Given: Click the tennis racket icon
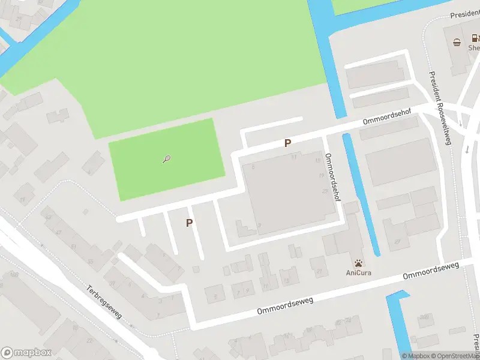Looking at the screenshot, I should (x=167, y=159).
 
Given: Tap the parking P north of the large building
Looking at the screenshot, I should (x=288, y=143).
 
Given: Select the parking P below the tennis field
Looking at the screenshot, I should (x=190, y=223).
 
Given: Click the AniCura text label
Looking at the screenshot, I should (x=358, y=272).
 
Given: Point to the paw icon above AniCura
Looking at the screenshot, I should (x=358, y=262).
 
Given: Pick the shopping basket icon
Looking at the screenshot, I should (x=457, y=42).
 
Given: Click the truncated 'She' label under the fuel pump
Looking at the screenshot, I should (x=473, y=48).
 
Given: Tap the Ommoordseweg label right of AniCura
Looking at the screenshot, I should (x=430, y=270).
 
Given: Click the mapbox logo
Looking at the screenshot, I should (x=26, y=353).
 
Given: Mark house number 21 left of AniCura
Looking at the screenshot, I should (x=319, y=271).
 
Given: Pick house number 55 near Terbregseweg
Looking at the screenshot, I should (x=91, y=262).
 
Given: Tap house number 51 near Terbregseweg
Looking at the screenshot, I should (x=74, y=247).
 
